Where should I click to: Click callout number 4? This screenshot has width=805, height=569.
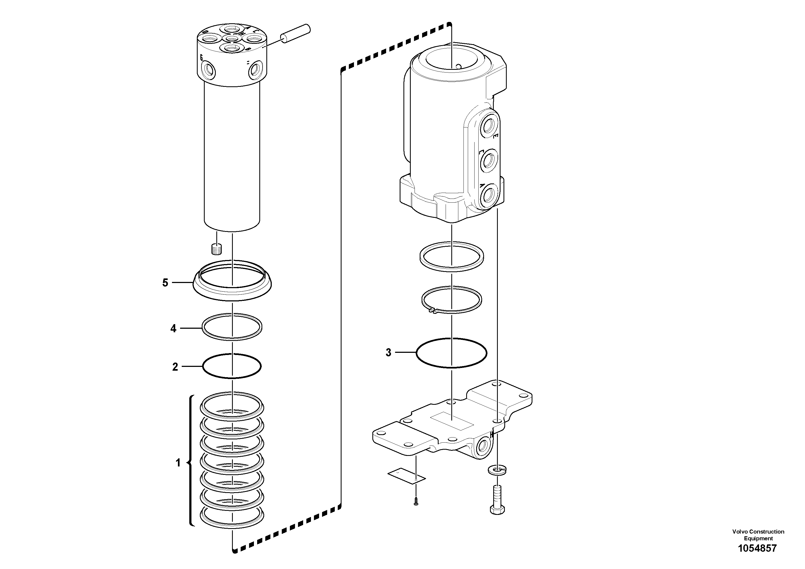[x=173, y=329]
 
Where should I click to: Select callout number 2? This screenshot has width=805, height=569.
[x=175, y=367]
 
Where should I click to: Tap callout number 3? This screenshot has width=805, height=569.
[x=388, y=353]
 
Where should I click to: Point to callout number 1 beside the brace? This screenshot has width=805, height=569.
[x=178, y=463]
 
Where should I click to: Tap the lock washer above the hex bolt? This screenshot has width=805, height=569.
[x=497, y=470]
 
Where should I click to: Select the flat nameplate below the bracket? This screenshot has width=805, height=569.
[x=406, y=475]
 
